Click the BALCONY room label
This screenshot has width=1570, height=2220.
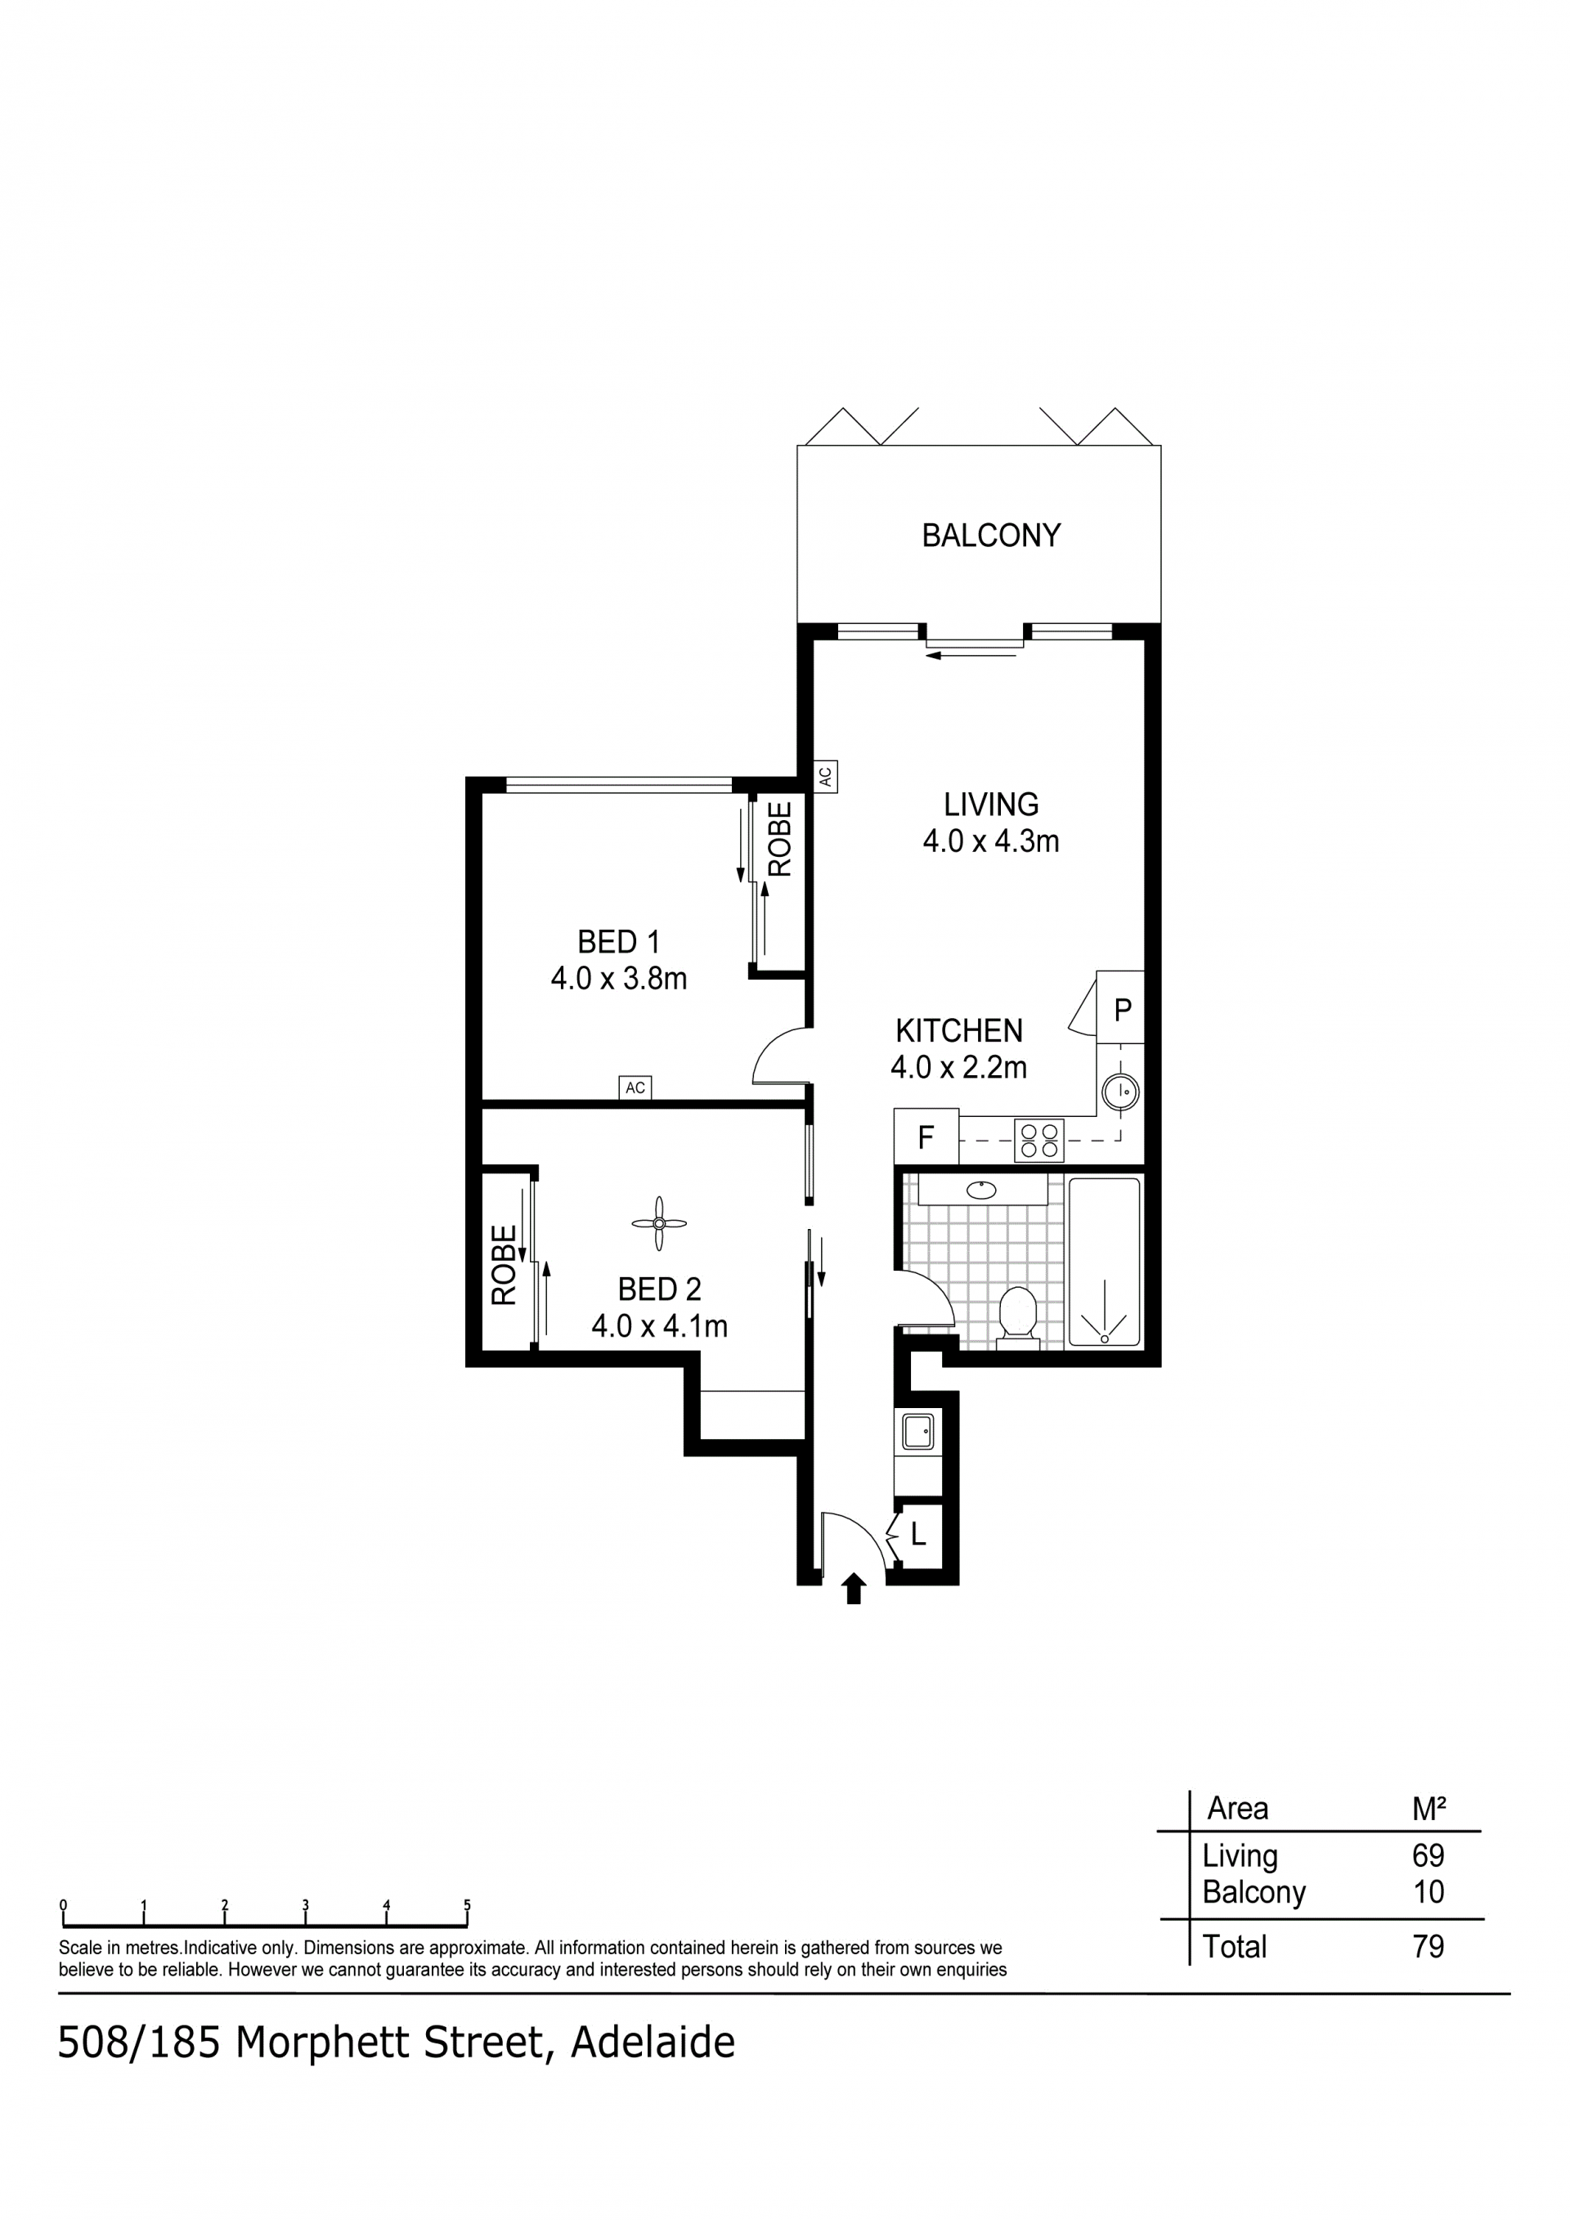[991, 536]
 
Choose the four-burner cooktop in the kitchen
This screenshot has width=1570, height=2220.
[1039, 1141]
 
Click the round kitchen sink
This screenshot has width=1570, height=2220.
[1121, 1092]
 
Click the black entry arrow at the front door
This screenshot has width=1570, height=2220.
[854, 1590]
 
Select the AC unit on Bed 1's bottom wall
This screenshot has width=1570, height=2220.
[635, 1088]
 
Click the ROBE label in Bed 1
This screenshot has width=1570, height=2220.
[780, 839]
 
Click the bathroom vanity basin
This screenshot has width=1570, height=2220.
[982, 1191]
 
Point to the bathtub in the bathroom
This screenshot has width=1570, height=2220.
[1104, 1262]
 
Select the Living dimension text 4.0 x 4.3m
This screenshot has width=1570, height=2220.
[991, 841]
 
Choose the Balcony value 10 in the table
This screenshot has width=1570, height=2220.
[1429, 1892]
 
